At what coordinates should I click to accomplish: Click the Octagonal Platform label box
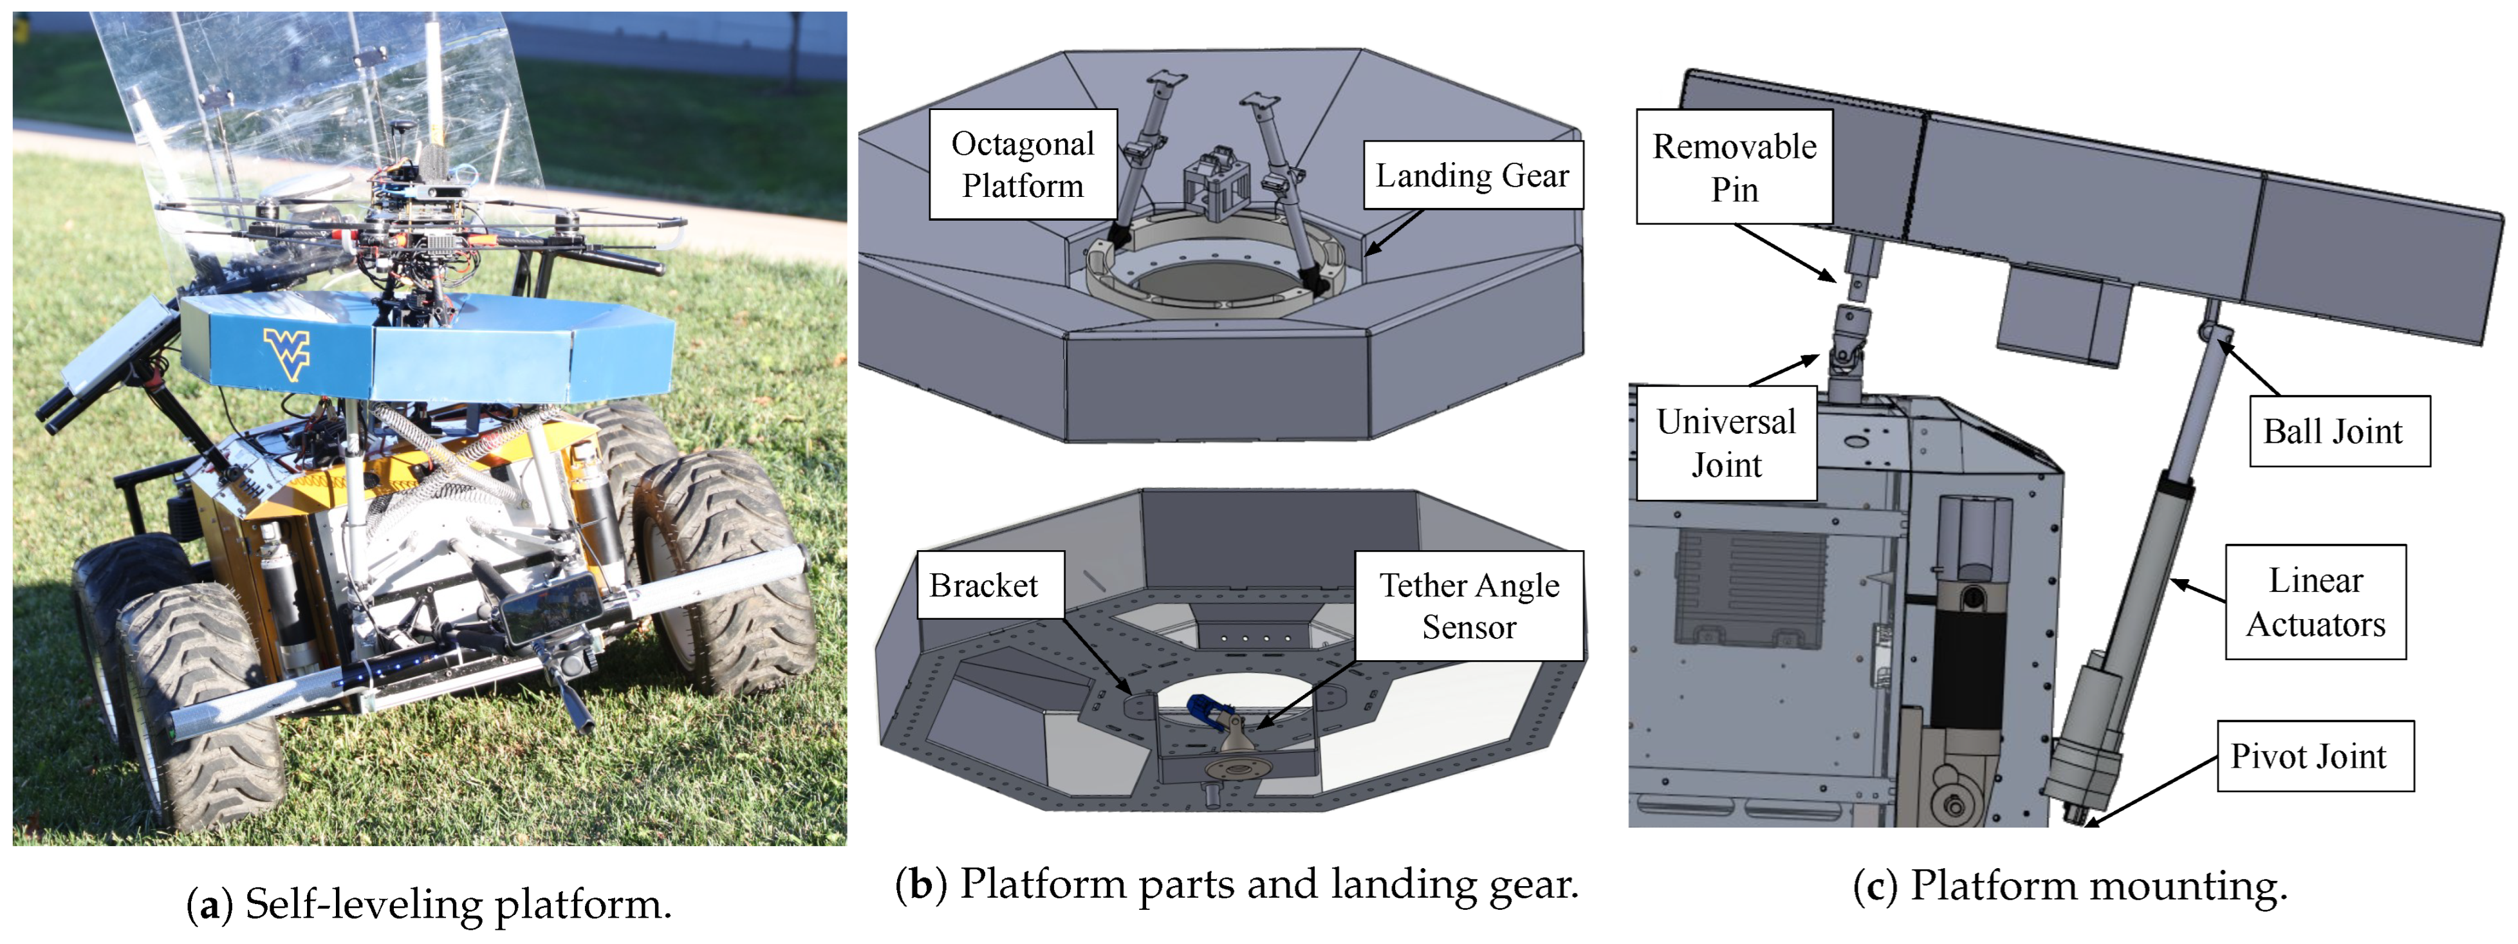point(1023,164)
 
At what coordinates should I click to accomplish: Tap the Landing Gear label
point(1472,176)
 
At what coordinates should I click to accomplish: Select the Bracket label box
point(983,586)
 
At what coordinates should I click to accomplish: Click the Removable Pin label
point(1734,167)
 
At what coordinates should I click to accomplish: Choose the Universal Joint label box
point(1726,443)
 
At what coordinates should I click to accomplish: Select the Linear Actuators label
point(2315,602)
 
